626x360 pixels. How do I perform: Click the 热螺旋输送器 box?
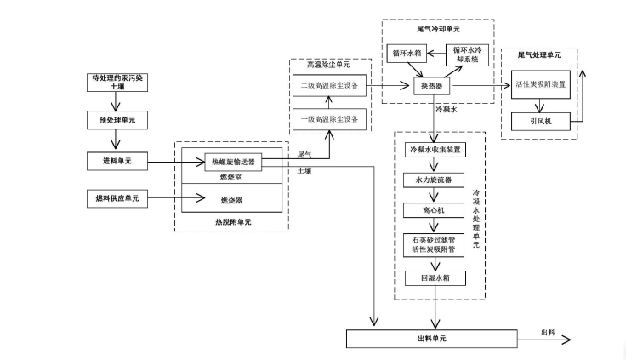(233, 160)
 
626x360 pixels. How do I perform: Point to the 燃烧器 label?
(231, 201)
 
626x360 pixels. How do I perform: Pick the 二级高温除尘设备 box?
(330, 86)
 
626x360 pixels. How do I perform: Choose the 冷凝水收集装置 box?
(437, 150)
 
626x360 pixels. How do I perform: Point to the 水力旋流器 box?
(437, 180)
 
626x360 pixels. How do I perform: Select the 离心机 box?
(437, 209)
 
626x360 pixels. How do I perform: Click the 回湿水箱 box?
(437, 277)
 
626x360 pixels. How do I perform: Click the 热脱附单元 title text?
(232, 222)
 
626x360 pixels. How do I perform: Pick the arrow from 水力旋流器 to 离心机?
(437, 194)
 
